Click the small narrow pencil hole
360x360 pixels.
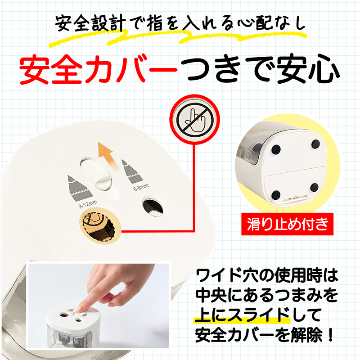click(152, 206)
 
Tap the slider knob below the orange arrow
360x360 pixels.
click(102, 182)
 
